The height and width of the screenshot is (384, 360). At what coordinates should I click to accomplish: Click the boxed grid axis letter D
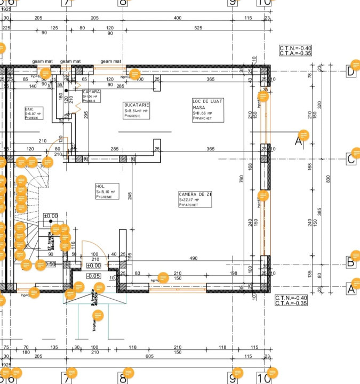tap(351, 71)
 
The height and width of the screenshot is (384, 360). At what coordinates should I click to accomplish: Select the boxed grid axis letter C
tap(351, 159)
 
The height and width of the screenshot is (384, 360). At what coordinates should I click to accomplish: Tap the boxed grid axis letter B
tap(351, 262)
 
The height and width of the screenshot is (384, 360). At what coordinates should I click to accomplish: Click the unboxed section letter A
tap(299, 141)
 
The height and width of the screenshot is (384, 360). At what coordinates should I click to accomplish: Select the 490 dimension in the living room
tap(193, 258)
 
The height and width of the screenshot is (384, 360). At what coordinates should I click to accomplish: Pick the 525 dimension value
tap(198, 28)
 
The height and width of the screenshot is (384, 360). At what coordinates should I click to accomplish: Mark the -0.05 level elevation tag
tap(93, 276)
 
